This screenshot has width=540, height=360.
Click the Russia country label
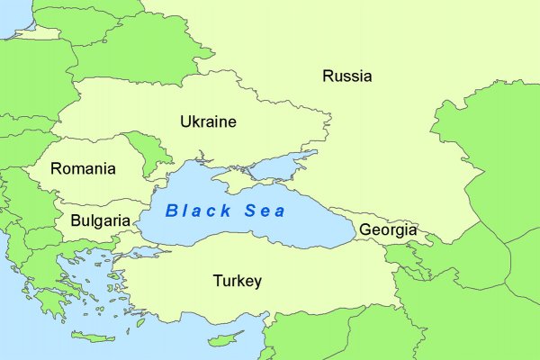coord(346,76)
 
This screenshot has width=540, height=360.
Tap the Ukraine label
coord(208,121)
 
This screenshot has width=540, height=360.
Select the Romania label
coord(83,168)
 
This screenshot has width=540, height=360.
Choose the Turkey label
coord(238,281)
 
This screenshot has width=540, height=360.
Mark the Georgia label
coord(388,229)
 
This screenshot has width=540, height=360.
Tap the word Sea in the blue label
coord(265,211)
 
